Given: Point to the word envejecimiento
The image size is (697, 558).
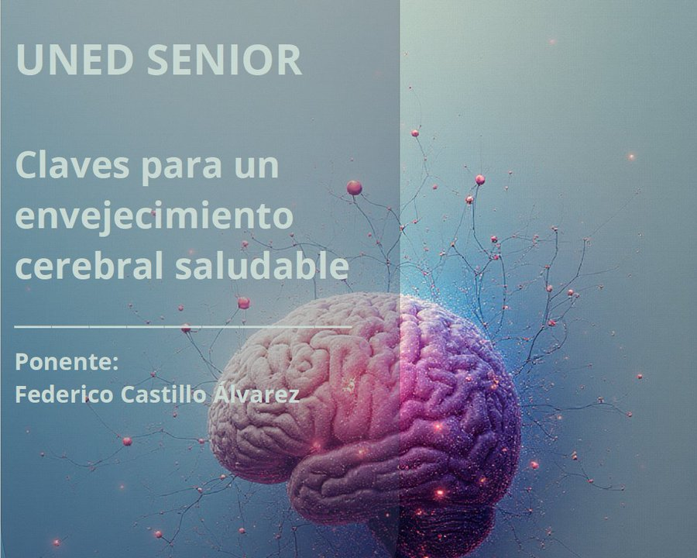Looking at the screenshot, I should [x=153, y=217].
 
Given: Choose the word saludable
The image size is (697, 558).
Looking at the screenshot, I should [x=261, y=266].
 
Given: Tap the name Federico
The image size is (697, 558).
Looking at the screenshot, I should [x=64, y=394].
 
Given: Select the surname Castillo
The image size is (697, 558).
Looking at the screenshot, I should [x=163, y=394].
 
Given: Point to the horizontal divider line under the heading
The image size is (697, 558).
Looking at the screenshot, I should [x=182, y=327].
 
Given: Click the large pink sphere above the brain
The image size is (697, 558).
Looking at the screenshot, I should [x=354, y=187].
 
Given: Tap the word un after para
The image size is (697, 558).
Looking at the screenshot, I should [x=255, y=166].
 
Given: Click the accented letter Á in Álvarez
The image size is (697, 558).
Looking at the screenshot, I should [x=220, y=392].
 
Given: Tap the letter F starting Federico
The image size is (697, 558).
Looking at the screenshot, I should [x=21, y=394].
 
